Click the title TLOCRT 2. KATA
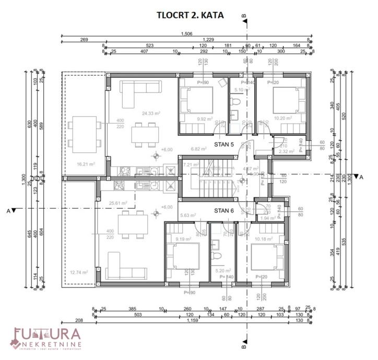pyautogui.click(x=190, y=15)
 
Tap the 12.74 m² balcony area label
pyautogui.click(x=79, y=272)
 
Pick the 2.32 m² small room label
pyautogui.click(x=286, y=151)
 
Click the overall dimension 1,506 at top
pyautogui.click(x=186, y=34)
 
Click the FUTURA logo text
pyautogui.click(x=47, y=334)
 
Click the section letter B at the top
pyautogui.click(x=244, y=16)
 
